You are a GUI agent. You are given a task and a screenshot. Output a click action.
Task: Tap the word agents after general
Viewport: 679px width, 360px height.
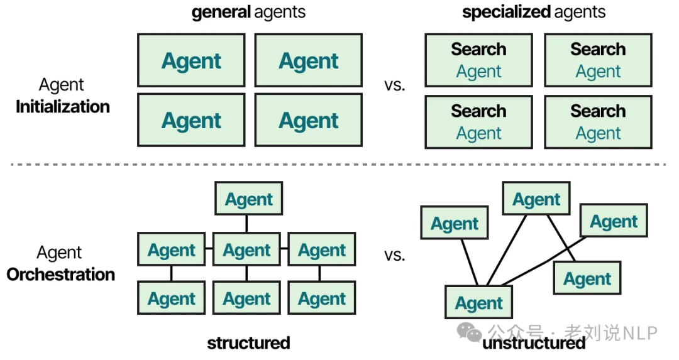(280, 13)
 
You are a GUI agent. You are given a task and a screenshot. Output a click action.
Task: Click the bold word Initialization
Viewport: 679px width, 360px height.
(63, 107)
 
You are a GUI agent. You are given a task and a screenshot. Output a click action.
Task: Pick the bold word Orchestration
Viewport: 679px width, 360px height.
(61, 275)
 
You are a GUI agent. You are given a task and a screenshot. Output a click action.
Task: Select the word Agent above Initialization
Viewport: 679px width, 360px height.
(62, 85)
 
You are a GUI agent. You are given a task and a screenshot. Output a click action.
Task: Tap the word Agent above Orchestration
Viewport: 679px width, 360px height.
(59, 253)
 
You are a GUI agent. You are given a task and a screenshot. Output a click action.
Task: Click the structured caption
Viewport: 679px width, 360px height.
(248, 343)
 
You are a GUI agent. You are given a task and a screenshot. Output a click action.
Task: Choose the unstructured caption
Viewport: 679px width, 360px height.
(534, 343)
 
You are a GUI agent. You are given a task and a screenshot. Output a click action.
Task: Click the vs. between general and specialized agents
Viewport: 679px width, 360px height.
(394, 85)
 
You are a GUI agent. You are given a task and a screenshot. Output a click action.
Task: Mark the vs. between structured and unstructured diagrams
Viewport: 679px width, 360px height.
(394, 255)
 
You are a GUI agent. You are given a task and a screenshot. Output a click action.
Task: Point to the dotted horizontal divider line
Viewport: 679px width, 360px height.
(339, 165)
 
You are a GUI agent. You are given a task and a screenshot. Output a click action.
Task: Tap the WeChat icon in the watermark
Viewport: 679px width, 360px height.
(470, 332)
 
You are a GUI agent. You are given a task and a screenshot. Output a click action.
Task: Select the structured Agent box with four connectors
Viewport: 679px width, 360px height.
(246, 249)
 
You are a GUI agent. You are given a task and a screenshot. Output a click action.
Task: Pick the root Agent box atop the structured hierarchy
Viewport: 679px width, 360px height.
(249, 199)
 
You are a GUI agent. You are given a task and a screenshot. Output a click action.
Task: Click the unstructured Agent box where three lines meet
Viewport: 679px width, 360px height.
(478, 302)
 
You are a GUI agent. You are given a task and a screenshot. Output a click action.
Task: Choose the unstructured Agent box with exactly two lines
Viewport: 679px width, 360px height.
(536, 199)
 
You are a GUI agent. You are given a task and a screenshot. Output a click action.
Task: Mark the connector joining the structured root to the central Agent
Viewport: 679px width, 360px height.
(246, 224)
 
